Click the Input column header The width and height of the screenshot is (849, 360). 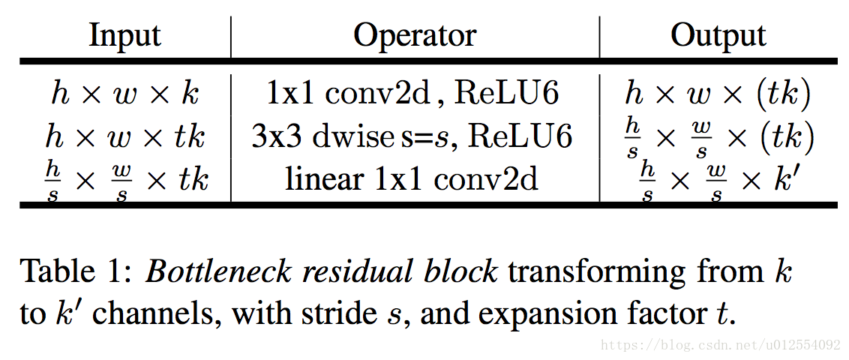pyautogui.click(x=124, y=35)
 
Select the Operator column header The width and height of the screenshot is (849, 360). pyautogui.click(x=414, y=35)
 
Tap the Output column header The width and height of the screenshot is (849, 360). pyautogui.click(x=718, y=35)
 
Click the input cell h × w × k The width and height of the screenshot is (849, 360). pyautogui.click(x=124, y=94)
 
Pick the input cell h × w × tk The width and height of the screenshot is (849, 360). pyautogui.click(x=124, y=137)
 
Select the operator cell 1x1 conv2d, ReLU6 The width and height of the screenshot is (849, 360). pyautogui.click(x=412, y=94)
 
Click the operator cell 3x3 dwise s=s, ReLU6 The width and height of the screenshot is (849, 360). pyautogui.click(x=412, y=137)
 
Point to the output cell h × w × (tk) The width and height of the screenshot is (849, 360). pyautogui.click(x=718, y=94)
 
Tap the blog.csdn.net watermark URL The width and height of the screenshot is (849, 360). pyautogui.click(x=721, y=346)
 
